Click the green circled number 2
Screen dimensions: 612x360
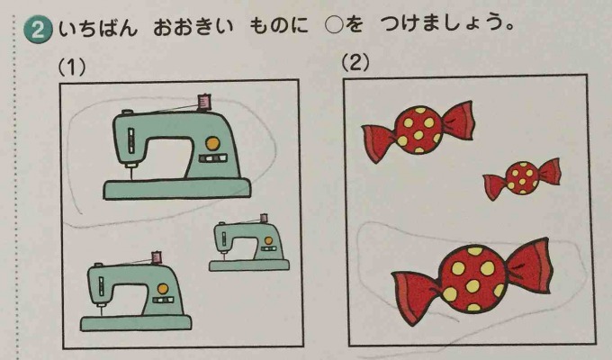38,30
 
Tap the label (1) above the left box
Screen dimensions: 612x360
72,67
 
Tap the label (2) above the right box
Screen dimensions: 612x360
355,62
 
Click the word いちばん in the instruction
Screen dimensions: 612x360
98,29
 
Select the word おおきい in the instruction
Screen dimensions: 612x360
193,28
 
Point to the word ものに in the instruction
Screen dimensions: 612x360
279,27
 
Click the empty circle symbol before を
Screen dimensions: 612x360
334,26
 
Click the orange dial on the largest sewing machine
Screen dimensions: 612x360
212,143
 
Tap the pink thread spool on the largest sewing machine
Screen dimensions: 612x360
204,102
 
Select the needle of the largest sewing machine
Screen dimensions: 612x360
130,173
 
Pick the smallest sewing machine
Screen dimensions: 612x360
249,243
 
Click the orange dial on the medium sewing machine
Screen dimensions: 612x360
163,289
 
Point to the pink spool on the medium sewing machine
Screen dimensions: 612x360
156,257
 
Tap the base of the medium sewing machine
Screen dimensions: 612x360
136,323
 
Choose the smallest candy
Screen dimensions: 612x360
522,178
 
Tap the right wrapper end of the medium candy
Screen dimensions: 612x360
457,120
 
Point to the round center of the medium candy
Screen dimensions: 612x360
418,129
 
